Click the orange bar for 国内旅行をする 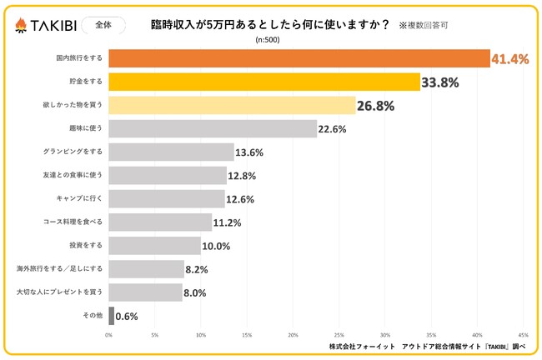click(x=299, y=58)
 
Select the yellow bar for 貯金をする click(x=263, y=82)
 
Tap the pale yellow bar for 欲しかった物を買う click(x=232, y=105)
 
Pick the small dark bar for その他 click(x=111, y=316)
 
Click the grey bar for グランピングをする click(x=171, y=152)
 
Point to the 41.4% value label click(x=509, y=59)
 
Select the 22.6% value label click(x=333, y=129)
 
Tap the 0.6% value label click(x=127, y=317)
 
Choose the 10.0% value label click(x=216, y=246)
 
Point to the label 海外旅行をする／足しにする click(x=59, y=269)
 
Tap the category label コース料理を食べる click(x=73, y=222)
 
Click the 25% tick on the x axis click(x=339, y=335)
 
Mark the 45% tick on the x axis click(x=524, y=335)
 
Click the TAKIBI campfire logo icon click(x=20, y=26)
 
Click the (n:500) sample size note click(x=270, y=40)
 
